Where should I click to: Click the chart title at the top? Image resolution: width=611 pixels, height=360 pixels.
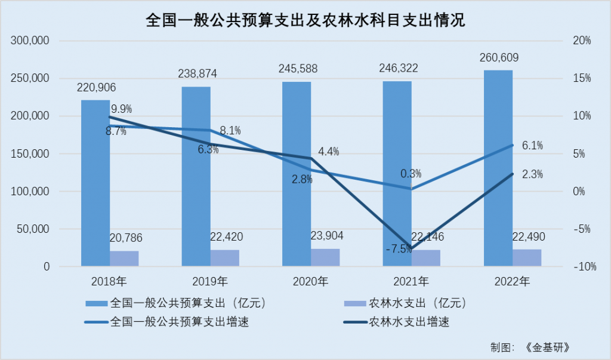[x=305, y=20]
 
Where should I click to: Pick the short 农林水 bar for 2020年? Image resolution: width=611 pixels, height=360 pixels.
[x=325, y=258]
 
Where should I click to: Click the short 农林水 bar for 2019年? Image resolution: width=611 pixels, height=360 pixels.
[x=224, y=258]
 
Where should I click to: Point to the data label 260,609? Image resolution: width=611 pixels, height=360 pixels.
[x=499, y=58]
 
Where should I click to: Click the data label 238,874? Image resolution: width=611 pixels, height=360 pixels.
[x=198, y=74]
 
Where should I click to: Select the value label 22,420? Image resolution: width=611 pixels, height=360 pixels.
[x=226, y=237]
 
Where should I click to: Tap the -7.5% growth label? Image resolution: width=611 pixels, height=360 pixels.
[x=399, y=250]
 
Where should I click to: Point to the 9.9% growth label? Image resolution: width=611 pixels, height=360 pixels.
[x=121, y=109]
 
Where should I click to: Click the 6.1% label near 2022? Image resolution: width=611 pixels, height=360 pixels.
[x=533, y=145]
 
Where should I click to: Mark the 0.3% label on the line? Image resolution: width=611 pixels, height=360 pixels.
[x=411, y=174]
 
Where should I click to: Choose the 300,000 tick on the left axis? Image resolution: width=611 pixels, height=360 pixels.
[x=29, y=41]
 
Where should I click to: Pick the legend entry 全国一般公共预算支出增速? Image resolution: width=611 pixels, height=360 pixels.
[x=169, y=322]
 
